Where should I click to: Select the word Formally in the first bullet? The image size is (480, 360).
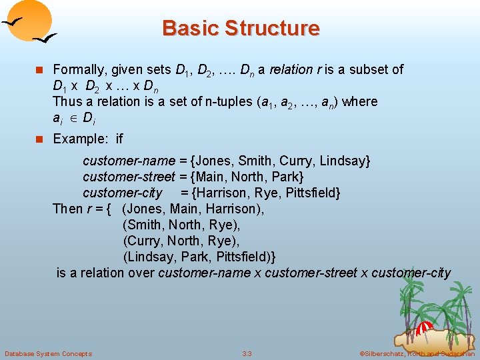click(78, 69)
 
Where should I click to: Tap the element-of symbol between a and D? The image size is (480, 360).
click(71, 118)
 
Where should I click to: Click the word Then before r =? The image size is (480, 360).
click(67, 209)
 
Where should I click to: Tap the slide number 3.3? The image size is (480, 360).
click(247, 353)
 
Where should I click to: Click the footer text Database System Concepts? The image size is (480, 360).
click(48, 353)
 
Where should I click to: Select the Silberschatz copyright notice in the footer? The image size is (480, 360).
click(417, 353)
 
